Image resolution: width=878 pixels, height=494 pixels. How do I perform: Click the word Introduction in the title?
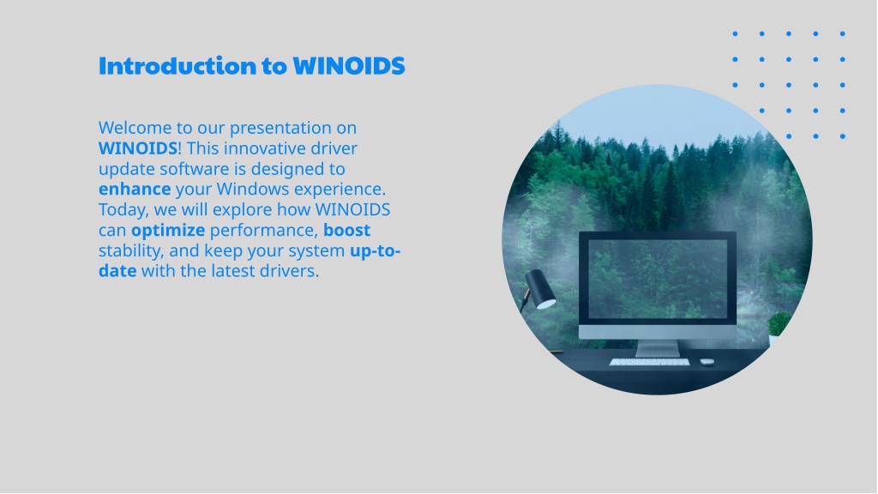[x=177, y=65]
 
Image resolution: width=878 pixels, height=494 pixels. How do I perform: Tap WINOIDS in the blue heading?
[x=349, y=65]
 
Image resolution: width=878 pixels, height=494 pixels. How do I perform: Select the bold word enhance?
[x=135, y=190]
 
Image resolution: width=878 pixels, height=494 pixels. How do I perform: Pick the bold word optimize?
[x=168, y=231]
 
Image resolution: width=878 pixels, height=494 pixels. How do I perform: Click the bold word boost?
[x=346, y=230]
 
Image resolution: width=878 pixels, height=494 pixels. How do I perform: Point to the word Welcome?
[x=135, y=128]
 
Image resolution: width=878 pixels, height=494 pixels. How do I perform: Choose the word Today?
[x=123, y=210]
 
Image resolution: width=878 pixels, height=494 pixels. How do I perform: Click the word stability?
[x=131, y=251]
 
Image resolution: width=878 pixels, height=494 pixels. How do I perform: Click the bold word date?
[x=117, y=271]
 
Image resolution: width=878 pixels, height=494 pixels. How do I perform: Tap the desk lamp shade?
[x=540, y=288]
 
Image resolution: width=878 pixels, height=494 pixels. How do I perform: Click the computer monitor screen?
[x=658, y=279]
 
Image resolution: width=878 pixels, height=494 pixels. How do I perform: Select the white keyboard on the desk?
[x=650, y=363]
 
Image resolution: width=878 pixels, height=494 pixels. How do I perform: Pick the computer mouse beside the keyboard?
[x=707, y=362]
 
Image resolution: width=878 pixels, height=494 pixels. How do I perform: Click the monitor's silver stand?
[x=658, y=348]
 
